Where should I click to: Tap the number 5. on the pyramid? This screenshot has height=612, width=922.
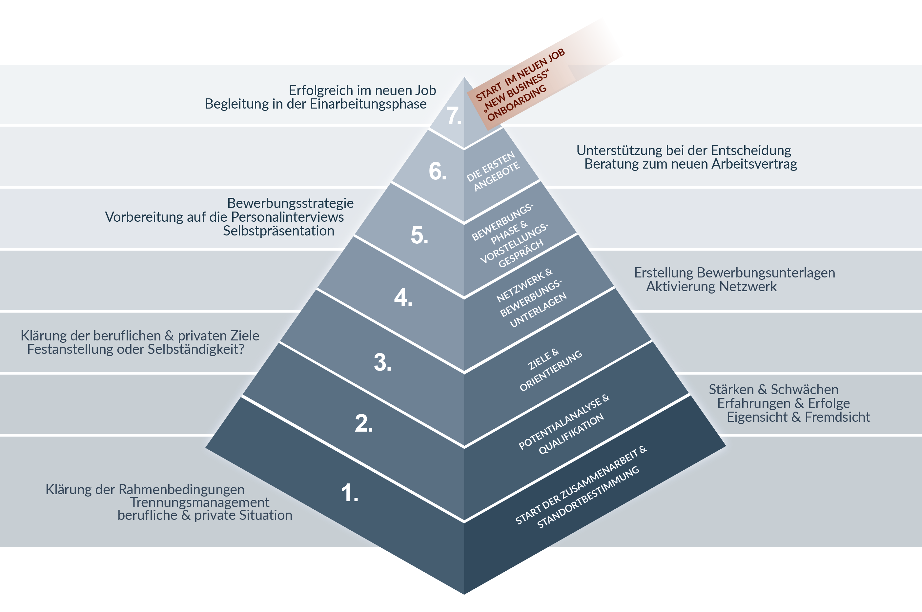419,235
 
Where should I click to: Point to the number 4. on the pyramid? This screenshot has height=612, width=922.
403,298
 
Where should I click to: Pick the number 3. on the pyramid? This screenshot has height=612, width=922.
382,363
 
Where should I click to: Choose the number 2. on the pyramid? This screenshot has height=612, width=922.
363,424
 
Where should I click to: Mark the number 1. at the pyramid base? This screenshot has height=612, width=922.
349,493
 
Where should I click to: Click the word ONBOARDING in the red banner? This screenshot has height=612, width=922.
517,103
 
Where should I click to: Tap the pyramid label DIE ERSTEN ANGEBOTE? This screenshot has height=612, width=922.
493,172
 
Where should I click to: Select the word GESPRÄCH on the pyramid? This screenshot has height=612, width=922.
521,253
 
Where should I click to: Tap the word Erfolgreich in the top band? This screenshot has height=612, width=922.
320,91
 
